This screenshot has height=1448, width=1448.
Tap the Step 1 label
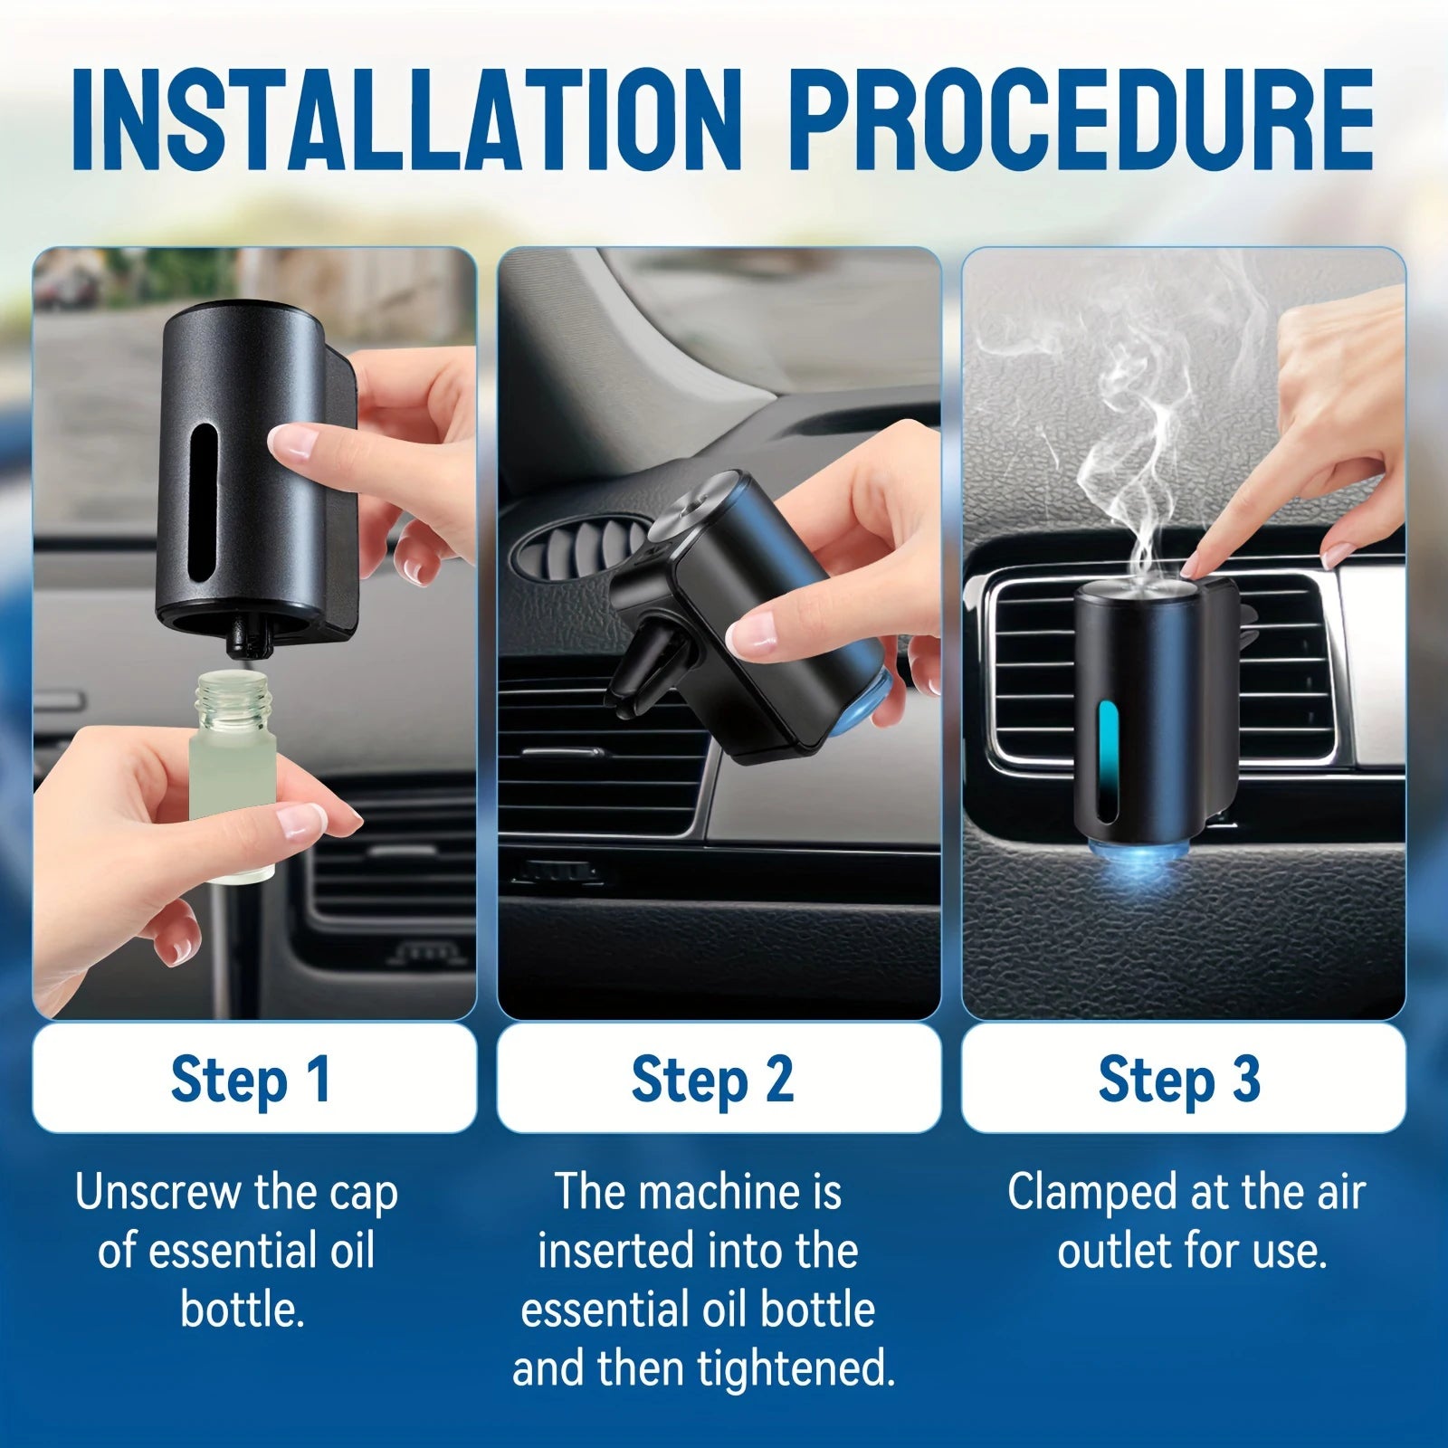pos(251,1079)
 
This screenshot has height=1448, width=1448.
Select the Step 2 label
pos(712,1079)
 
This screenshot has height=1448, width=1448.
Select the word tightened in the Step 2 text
pos(796,1368)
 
